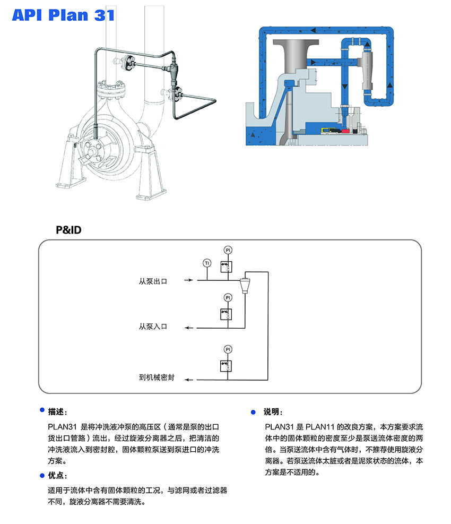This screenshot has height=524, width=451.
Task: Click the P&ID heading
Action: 68,230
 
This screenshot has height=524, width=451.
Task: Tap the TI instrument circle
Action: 206,263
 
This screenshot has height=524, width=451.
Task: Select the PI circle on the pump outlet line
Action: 228,250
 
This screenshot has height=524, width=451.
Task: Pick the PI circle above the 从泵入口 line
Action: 228,297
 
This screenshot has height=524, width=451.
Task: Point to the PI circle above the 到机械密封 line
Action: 228,349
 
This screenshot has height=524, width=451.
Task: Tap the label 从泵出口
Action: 153,281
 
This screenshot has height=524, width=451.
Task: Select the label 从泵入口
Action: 153,327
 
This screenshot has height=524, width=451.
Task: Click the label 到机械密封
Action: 157,379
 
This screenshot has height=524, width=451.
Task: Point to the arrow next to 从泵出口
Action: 188,280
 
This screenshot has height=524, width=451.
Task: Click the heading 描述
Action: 57,411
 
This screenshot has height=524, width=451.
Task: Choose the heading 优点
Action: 57,475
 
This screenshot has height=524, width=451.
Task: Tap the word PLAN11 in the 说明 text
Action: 322,427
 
